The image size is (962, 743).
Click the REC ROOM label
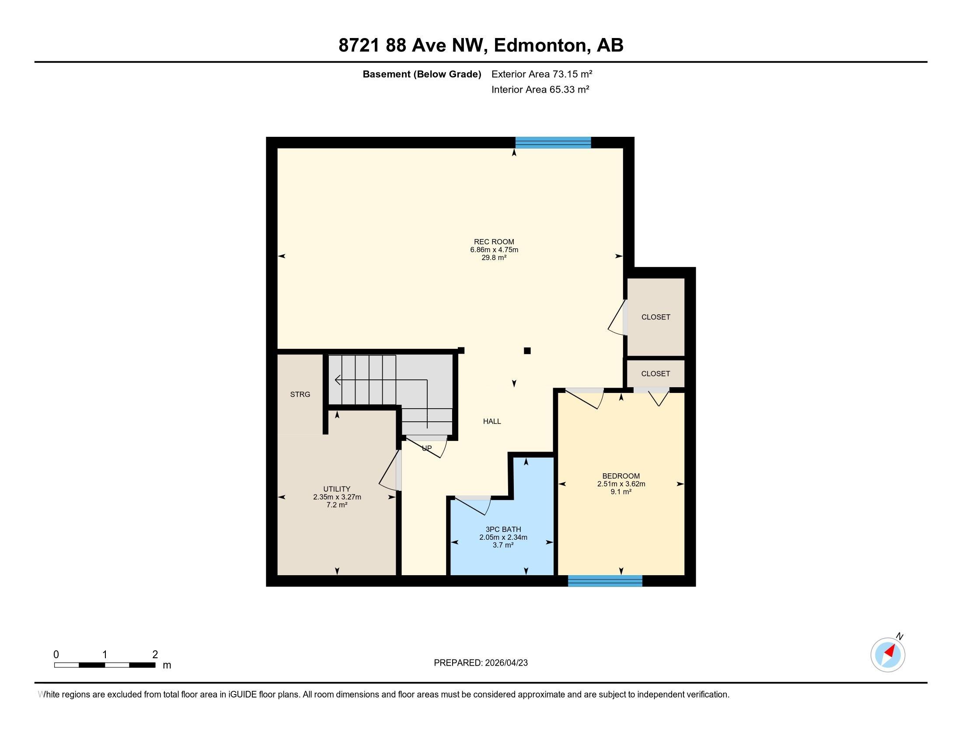[494, 242]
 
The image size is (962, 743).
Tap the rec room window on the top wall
[553, 142]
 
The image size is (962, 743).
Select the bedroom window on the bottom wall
[605, 581]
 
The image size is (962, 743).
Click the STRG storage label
[300, 394]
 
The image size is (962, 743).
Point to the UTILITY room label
[337, 489]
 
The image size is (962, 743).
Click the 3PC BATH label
[503, 530]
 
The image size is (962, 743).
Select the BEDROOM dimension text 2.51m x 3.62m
[621, 484]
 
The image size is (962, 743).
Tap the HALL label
[492, 421]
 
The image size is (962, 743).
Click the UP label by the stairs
[427, 448]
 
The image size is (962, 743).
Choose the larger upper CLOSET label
[655, 317]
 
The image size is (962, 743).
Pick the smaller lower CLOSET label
[655, 373]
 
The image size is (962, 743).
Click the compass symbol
[888, 655]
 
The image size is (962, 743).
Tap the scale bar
[105, 665]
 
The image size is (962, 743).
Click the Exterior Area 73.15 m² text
[541, 74]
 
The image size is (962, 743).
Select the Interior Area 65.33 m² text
[540, 89]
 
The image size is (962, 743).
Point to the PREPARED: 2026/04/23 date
[481, 663]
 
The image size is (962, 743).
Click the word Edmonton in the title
[542, 45]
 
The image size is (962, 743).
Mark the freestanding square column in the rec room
[527, 351]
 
